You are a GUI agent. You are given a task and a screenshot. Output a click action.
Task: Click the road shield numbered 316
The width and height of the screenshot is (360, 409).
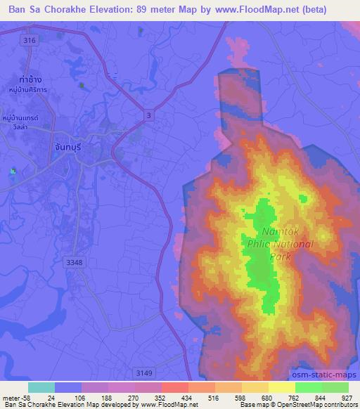[x=29, y=41]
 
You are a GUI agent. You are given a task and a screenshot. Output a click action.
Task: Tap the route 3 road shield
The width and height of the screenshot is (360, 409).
[x=149, y=115]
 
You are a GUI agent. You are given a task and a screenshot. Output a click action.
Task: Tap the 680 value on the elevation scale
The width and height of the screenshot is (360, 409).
[x=255, y=397]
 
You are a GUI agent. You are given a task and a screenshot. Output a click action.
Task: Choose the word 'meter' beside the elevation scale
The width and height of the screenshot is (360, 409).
[x=10, y=397]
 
